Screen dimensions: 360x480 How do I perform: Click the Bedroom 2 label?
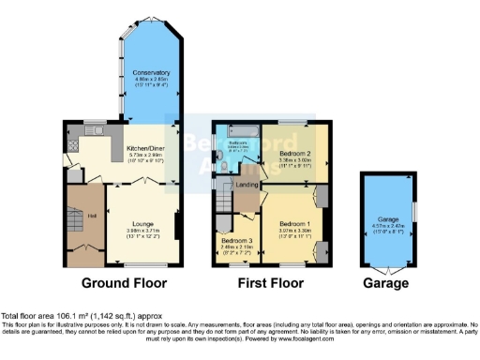coord(295,153)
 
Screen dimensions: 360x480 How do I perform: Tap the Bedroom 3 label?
coord(235,240)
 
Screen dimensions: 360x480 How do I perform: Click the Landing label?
coord(247,184)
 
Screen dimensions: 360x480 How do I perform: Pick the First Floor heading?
coord(267,282)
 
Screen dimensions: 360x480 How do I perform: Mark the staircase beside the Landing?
coord(223,198)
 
